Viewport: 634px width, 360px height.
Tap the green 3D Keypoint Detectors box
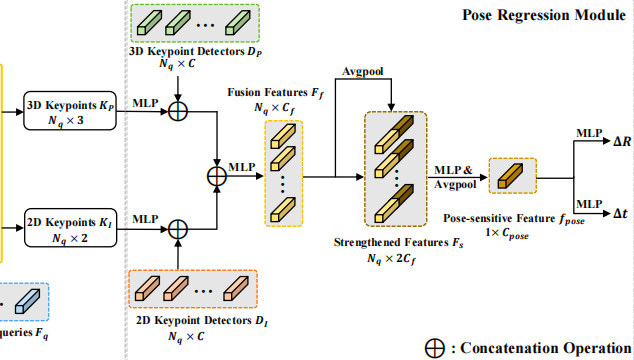pyautogui.click(x=196, y=23)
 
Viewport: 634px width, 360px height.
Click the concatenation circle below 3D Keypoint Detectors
pyautogui.click(x=177, y=111)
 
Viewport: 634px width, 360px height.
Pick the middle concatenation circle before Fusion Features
pyautogui.click(x=216, y=176)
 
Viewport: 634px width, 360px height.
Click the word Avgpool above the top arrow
pyautogui.click(x=364, y=71)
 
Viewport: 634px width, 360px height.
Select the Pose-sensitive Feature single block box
pyautogui.click(x=512, y=176)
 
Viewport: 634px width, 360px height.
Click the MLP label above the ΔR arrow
pyautogui.click(x=588, y=132)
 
